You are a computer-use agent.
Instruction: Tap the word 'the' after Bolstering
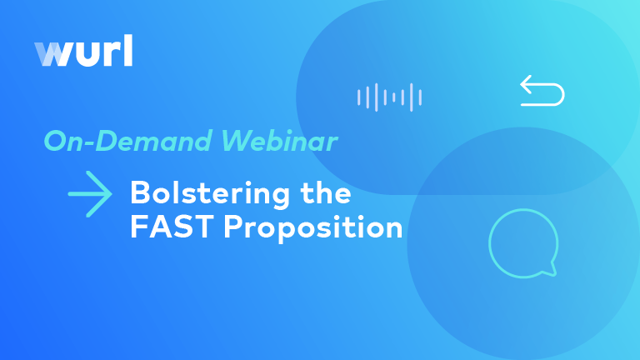(324, 194)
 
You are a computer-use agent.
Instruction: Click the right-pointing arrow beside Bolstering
(90, 195)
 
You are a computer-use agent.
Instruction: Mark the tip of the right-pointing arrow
(110, 195)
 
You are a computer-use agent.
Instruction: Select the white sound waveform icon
(389, 97)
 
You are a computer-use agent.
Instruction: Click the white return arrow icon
(542, 91)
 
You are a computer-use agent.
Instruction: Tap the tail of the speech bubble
(549, 269)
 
